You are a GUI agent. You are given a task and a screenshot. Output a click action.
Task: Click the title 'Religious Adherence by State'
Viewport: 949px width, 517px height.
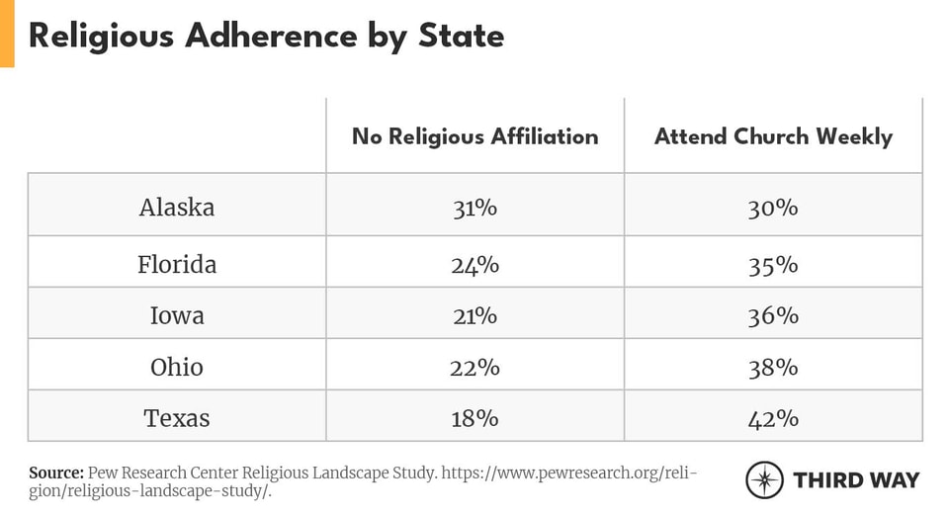coord(266,36)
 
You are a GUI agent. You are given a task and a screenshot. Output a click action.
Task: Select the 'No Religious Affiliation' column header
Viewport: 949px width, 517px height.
coord(474,136)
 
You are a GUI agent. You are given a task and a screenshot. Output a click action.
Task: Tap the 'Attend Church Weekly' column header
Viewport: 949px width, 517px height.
coord(773,136)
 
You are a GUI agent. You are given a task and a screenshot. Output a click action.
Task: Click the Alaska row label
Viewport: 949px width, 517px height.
coord(177,208)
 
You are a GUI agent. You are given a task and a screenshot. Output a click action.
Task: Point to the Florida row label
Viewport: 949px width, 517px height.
coord(177,265)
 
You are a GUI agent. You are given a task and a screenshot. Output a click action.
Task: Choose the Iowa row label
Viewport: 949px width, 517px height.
coord(177,315)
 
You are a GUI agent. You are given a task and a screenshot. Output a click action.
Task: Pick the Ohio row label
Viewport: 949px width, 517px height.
coord(177,367)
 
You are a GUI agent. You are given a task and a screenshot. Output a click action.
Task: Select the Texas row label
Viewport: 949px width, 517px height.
coord(177,418)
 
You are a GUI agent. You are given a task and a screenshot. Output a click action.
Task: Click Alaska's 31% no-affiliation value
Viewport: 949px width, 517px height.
coord(474,208)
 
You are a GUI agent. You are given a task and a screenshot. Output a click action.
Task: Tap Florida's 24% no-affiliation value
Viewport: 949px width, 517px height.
coord(474,265)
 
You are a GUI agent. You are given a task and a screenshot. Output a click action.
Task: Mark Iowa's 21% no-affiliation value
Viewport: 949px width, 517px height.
coord(474,315)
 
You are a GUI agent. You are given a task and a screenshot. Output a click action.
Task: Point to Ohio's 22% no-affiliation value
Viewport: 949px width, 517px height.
coord(474,367)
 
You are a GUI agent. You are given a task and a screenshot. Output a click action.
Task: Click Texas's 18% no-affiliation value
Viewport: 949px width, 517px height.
coord(474,418)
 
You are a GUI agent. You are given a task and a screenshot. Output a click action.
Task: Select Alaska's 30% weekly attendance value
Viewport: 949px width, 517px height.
coord(773,208)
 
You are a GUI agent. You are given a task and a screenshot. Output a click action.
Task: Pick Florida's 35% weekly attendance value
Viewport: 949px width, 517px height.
coord(773,265)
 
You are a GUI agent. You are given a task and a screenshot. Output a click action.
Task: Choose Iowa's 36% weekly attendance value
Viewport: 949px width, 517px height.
coord(773,315)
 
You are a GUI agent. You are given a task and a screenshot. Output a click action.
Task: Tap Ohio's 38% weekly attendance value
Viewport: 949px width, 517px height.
coord(773,367)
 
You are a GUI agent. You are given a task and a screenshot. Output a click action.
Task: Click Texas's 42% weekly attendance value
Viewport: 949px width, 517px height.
coord(773,418)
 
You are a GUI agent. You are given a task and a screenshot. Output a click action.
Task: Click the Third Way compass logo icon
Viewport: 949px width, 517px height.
coord(764,479)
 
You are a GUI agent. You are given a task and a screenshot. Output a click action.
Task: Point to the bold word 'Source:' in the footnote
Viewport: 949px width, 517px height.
coord(55,473)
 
